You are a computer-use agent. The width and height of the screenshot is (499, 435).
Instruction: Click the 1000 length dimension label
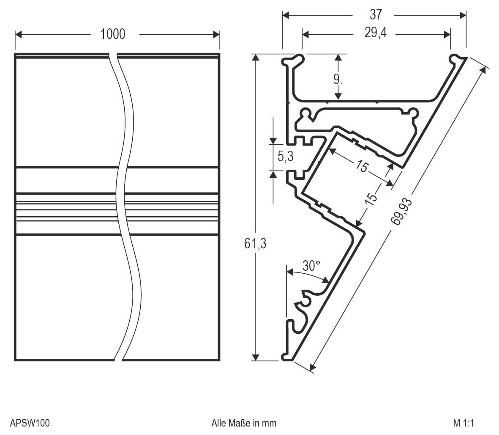click(x=112, y=34)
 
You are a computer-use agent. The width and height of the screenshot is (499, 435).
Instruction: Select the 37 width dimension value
click(x=375, y=15)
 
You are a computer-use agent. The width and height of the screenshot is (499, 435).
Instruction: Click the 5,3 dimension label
click(x=285, y=156)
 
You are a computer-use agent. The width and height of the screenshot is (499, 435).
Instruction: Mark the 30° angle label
click(x=311, y=266)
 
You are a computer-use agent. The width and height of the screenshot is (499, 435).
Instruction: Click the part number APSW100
click(x=30, y=423)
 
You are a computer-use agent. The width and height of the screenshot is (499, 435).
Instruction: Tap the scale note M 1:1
click(x=464, y=423)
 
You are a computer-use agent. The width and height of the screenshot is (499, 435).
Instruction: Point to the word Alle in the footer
click(x=218, y=423)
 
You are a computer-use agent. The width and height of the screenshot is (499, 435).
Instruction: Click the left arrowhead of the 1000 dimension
click(x=19, y=34)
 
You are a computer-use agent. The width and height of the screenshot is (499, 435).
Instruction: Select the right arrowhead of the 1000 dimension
click(x=216, y=34)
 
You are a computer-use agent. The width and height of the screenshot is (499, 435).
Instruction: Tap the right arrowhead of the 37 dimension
click(x=463, y=15)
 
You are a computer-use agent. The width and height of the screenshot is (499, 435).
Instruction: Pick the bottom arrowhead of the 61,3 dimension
click(x=255, y=358)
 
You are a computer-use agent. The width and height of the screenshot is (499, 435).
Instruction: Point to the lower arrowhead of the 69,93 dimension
click(x=312, y=366)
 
